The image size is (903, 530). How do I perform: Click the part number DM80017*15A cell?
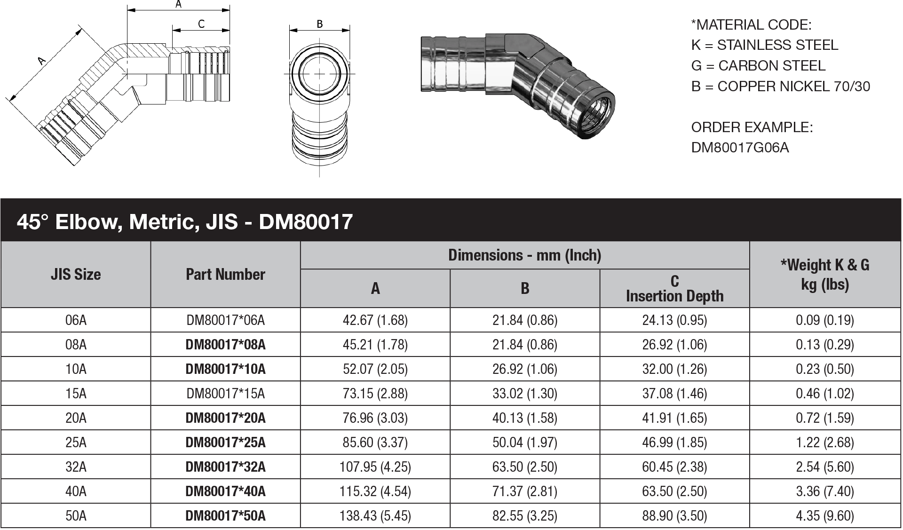225,393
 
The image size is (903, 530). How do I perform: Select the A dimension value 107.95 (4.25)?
375,467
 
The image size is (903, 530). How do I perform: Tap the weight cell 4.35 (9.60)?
824,515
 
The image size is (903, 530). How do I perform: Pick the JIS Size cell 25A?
76,442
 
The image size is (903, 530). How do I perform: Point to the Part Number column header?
225,275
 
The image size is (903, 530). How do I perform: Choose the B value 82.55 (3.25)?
524,515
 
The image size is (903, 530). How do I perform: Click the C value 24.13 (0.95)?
674,320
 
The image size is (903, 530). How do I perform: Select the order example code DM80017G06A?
739,148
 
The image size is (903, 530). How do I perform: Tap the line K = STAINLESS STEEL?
764,45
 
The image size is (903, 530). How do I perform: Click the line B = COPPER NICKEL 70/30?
780,87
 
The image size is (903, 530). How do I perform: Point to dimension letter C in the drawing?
201,24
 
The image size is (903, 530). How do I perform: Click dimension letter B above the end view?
319,24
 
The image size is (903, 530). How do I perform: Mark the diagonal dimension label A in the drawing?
41,60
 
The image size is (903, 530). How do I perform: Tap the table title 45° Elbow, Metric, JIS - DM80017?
184,221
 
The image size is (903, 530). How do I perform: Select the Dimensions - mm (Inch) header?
524,255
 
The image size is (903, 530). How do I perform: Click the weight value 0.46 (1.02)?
824,393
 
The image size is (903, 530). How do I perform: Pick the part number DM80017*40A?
225,491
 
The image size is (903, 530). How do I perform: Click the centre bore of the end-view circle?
319,74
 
